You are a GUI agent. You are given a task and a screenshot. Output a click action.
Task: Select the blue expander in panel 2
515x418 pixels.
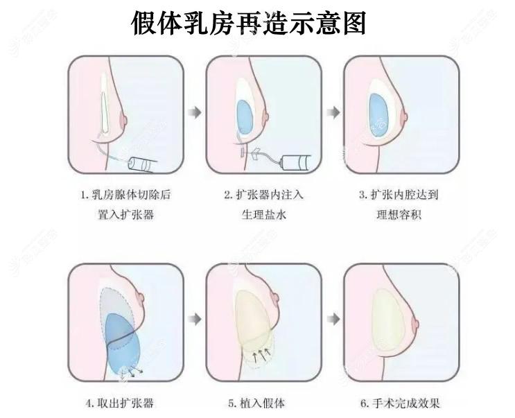[244, 115]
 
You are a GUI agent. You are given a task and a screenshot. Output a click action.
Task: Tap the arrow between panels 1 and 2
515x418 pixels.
[197, 111]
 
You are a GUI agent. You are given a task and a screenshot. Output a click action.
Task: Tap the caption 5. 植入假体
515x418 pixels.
[256, 402]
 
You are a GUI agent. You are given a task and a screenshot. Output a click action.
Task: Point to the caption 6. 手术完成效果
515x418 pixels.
[400, 402]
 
